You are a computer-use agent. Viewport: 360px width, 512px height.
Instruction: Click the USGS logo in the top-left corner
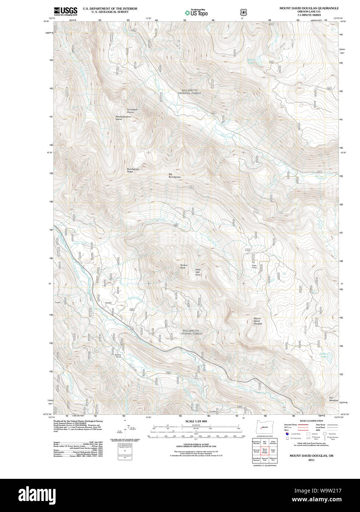pyautogui.click(x=66, y=11)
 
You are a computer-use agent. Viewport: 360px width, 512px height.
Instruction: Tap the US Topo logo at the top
pyautogui.click(x=197, y=13)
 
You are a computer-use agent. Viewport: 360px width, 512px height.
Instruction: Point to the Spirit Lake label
pyautogui.click(x=251, y=61)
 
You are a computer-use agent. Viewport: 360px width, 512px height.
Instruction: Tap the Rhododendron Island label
pyautogui.click(x=124, y=118)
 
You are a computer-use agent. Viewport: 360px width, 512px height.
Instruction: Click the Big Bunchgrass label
pyautogui.click(x=175, y=176)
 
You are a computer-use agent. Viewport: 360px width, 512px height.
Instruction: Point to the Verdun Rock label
pyautogui.click(x=184, y=267)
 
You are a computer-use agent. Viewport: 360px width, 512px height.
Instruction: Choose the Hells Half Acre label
pyautogui.click(x=198, y=272)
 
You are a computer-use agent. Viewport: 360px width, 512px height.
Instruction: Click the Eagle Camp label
pyautogui.click(x=254, y=266)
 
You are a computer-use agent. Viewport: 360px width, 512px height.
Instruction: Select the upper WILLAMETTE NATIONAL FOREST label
pyautogui.click(x=190, y=92)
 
